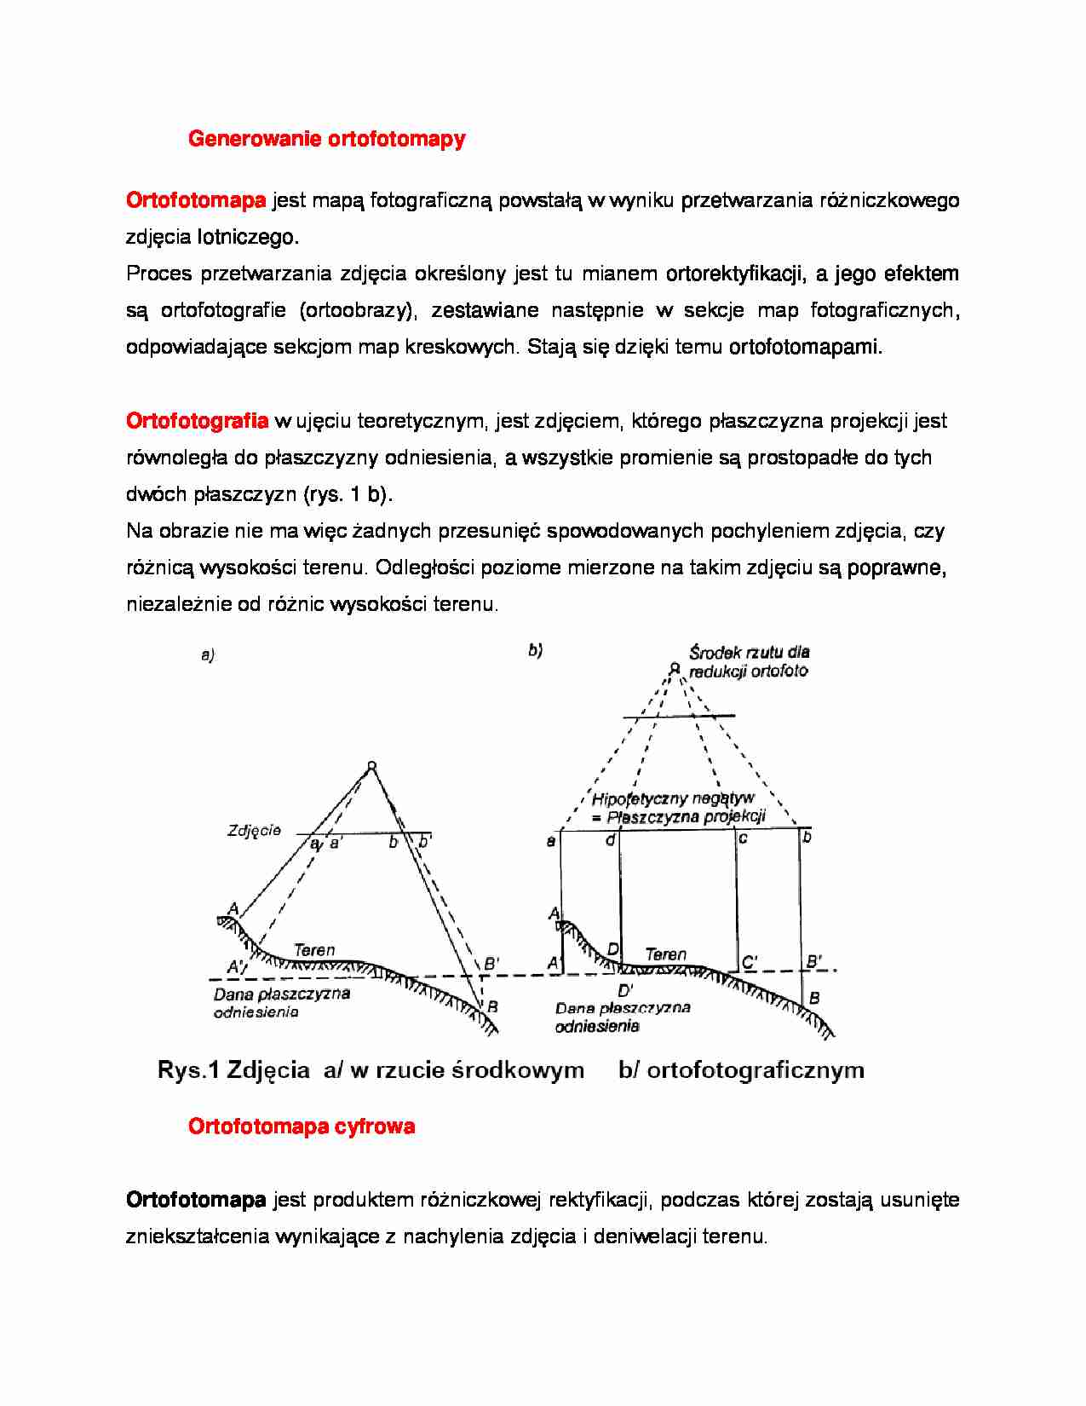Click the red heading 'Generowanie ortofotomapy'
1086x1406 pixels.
[x=326, y=139]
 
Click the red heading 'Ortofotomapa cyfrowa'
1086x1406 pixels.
[x=302, y=1127]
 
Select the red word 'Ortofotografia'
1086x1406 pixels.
[x=197, y=421]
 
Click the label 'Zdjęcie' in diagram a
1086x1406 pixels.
[x=254, y=830]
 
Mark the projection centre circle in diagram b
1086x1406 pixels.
[x=674, y=669]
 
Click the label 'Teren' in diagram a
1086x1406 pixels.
[x=314, y=949]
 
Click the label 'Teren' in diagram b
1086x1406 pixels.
[x=665, y=954]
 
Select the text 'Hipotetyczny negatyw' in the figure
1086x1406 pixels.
[x=673, y=798]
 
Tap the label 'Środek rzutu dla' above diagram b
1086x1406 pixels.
[x=750, y=653]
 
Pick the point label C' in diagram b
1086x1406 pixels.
[x=750, y=963]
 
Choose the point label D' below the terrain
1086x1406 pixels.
[x=626, y=990]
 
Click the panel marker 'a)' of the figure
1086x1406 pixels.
[x=208, y=655]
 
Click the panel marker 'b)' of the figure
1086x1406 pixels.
[x=535, y=651]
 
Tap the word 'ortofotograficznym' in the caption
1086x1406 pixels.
[x=756, y=1070]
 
